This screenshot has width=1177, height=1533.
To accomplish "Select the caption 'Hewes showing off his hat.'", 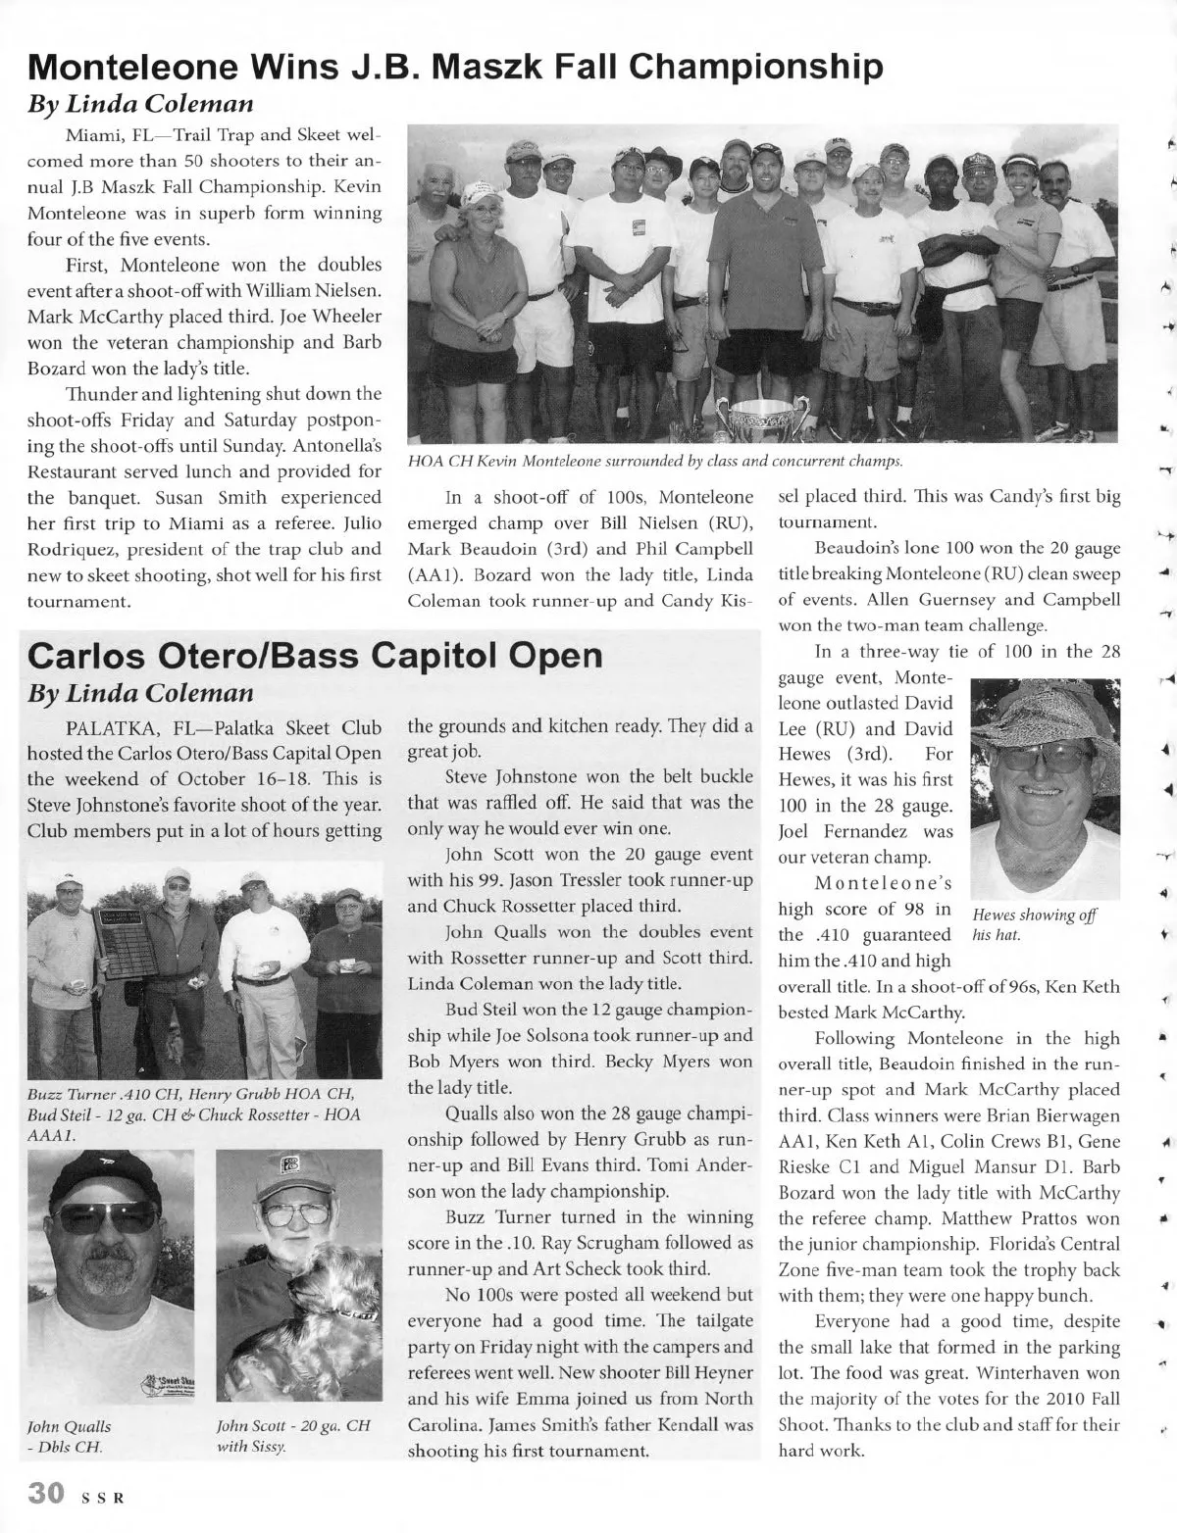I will click(1033, 924).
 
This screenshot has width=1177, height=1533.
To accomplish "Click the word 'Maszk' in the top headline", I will click(523, 66).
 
